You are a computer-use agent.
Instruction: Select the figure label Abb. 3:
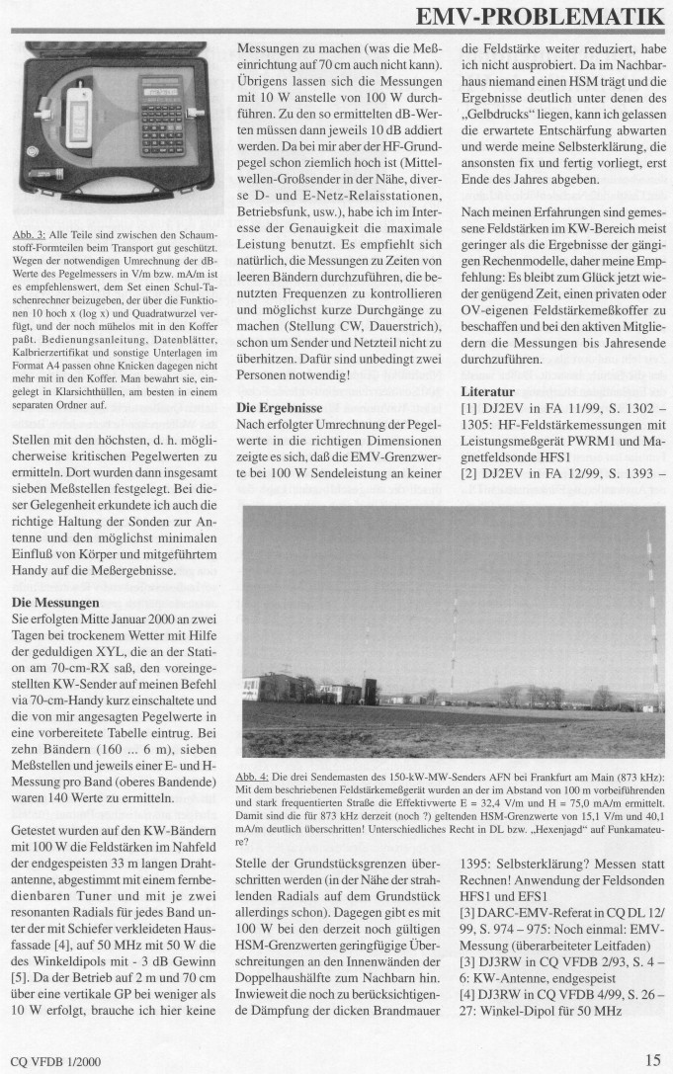pos(28,234)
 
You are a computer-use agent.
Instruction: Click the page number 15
pos(652,1059)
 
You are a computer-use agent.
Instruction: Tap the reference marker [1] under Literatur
pos(470,409)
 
